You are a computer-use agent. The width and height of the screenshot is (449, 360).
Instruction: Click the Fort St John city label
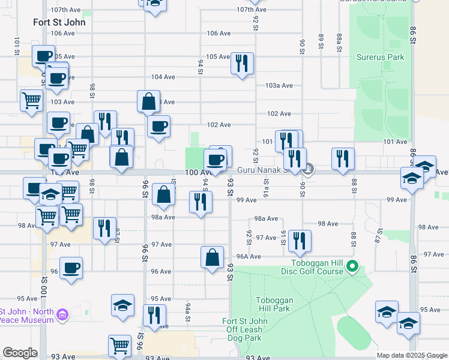click(59, 22)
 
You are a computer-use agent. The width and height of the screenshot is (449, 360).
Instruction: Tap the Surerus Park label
click(380, 58)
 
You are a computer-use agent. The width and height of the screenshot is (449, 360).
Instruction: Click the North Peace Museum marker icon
click(62, 314)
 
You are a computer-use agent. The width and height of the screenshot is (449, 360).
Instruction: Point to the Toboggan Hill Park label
click(273, 304)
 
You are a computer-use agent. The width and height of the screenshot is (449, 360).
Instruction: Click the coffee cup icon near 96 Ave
click(71, 268)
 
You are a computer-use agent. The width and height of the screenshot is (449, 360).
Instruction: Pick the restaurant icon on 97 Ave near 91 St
click(300, 240)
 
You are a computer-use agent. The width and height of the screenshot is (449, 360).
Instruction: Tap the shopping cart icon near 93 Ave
click(119, 346)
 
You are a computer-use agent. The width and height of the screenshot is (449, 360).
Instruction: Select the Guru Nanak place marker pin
click(309, 170)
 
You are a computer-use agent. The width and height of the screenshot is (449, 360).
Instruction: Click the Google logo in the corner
click(20, 353)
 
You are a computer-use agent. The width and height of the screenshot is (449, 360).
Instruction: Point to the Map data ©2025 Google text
click(412, 355)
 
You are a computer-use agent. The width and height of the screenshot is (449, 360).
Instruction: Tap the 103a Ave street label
click(280, 86)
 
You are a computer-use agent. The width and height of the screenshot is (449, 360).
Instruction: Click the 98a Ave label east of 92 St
click(266, 219)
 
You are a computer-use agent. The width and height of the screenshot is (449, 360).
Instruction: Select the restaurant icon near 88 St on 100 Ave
click(343, 158)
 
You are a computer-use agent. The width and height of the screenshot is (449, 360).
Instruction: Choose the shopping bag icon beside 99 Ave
click(163, 194)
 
